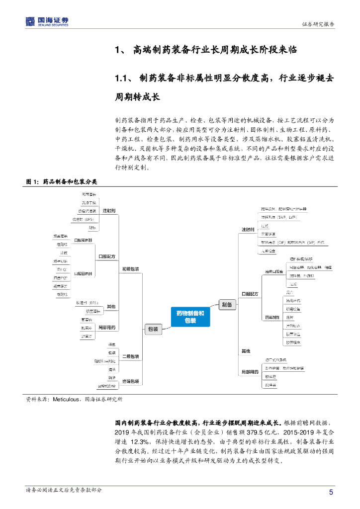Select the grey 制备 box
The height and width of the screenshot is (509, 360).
tap(227, 305)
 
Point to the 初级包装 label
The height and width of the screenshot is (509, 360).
tap(131, 269)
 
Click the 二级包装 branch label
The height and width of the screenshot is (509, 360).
tap(131, 356)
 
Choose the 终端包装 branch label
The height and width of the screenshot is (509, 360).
tap(131, 382)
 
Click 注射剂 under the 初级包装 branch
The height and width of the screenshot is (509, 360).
tap(109, 211)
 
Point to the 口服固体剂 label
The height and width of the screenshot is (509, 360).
tap(83, 273)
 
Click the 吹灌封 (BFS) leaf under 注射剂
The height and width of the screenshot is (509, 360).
tap(83, 219)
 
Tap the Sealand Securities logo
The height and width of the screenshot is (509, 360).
tap(47, 21)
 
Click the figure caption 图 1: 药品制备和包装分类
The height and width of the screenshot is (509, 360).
tap(62, 182)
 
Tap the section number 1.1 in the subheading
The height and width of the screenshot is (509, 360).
tap(122, 78)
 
